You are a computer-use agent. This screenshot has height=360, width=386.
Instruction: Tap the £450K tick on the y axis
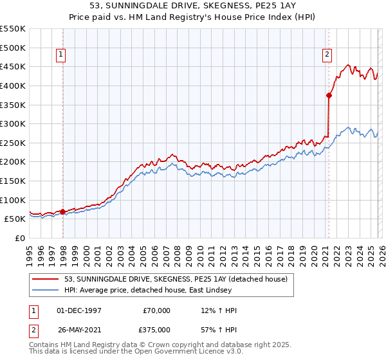point(14,66)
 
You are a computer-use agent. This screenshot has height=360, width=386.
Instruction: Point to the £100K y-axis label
point(14,200)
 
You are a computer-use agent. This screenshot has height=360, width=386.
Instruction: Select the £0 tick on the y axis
point(21,238)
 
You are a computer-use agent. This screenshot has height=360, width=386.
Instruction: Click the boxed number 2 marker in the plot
point(327,55)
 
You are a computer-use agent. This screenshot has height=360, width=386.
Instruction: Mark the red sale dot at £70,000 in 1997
point(62,211)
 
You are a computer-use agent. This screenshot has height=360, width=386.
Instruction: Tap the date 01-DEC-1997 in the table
point(79,310)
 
